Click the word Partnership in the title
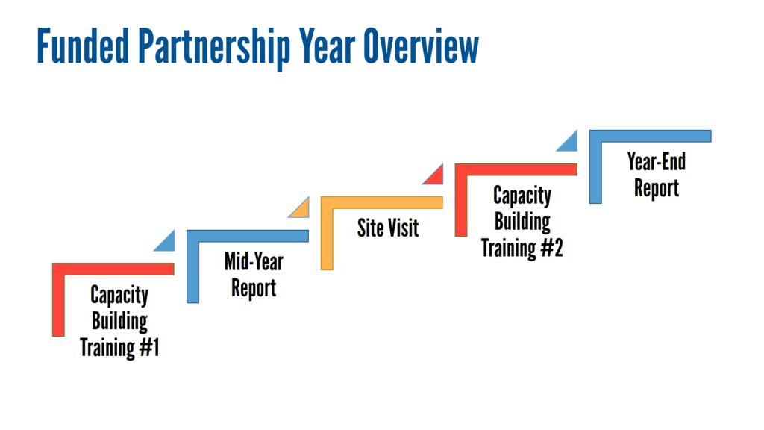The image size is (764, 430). click(214, 48)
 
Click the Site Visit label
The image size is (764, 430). click(388, 228)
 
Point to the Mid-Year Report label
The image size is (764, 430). click(254, 275)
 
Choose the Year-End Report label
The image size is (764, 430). click(657, 175)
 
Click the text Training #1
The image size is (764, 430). click(119, 348)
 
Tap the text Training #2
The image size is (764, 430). click(522, 248)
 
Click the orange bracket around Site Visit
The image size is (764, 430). click(381, 203)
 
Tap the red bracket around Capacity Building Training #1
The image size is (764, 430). click(113, 269)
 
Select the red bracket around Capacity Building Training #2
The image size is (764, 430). click(516, 169)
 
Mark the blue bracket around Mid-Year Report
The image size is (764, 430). click(248, 236)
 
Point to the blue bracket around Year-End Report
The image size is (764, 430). click(650, 136)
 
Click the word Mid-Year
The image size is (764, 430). click(254, 262)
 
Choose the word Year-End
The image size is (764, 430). click(657, 161)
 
